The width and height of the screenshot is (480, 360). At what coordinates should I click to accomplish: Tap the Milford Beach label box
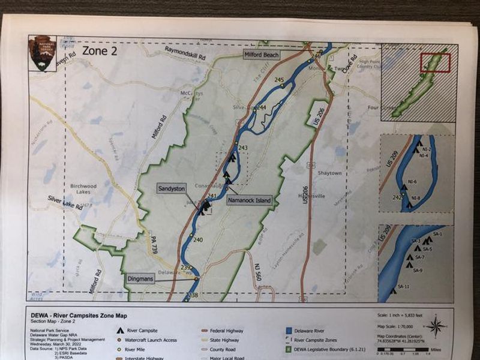261,55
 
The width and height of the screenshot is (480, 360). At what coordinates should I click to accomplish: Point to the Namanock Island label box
249,200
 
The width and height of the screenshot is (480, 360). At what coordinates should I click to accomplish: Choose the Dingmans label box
142,279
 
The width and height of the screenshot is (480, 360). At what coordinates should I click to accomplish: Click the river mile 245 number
278,80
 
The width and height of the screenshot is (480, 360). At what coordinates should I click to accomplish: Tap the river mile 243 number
242,148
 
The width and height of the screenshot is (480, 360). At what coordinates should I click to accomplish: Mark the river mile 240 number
198,240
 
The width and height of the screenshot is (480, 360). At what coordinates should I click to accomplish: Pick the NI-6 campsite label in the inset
413,181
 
